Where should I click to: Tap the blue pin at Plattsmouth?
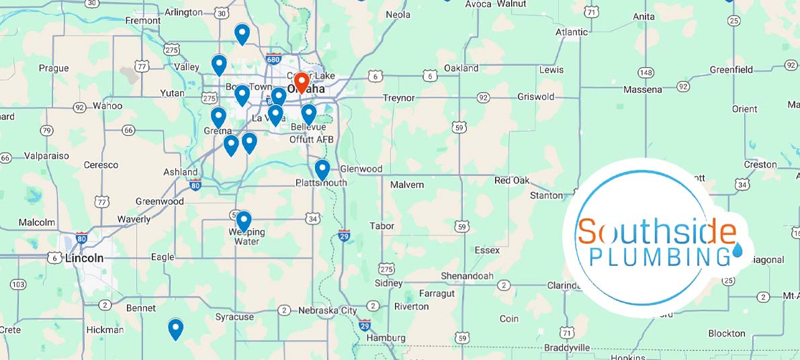(x=322, y=169)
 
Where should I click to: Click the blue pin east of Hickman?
(x=175, y=328)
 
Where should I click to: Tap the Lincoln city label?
(x=85, y=258)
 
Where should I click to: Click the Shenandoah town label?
(x=467, y=276)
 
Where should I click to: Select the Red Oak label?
(x=512, y=181)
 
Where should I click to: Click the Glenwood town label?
(x=361, y=169)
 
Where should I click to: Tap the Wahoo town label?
(x=107, y=105)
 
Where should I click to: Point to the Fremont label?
(x=143, y=21)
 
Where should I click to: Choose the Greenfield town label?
(x=731, y=69)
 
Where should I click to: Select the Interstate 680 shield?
(x=273, y=59)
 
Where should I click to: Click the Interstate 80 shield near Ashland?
(x=195, y=185)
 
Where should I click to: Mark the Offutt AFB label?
(x=311, y=139)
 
